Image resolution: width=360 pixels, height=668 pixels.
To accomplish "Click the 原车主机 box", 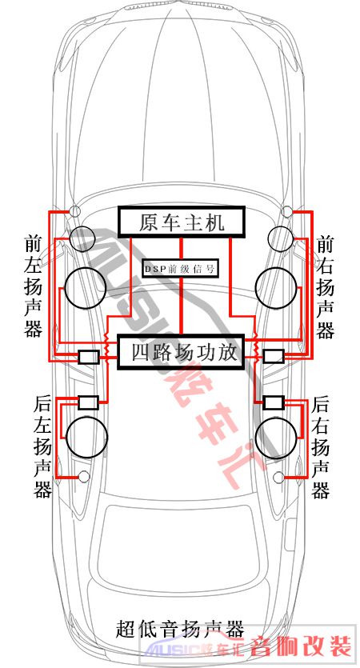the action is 182,222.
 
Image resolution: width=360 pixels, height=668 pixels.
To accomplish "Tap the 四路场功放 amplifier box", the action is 180,352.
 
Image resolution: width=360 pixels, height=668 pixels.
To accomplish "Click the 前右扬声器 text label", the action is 325,287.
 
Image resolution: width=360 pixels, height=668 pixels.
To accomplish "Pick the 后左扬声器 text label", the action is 42,447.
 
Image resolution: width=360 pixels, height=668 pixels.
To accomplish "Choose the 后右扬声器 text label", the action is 320,448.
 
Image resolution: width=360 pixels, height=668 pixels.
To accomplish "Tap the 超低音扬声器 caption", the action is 180,629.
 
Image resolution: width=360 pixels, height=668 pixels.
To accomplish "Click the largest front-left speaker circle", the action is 86,288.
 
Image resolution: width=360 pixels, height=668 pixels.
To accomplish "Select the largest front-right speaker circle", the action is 276,288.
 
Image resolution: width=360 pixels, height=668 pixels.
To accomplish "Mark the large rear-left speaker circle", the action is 86,437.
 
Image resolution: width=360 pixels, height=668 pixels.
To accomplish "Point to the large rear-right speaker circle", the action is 276,438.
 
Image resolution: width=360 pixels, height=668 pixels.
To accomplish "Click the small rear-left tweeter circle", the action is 84,477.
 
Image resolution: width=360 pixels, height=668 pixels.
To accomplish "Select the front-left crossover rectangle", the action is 89,356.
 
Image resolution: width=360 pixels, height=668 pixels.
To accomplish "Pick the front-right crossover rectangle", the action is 274,356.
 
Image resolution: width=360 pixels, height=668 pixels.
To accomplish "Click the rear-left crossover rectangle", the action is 89,402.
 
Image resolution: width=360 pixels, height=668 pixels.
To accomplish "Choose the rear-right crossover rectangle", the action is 274,402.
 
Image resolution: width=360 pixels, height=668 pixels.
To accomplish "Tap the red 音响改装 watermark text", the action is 302,646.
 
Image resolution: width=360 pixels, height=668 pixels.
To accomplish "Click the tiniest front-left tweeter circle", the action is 75,210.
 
